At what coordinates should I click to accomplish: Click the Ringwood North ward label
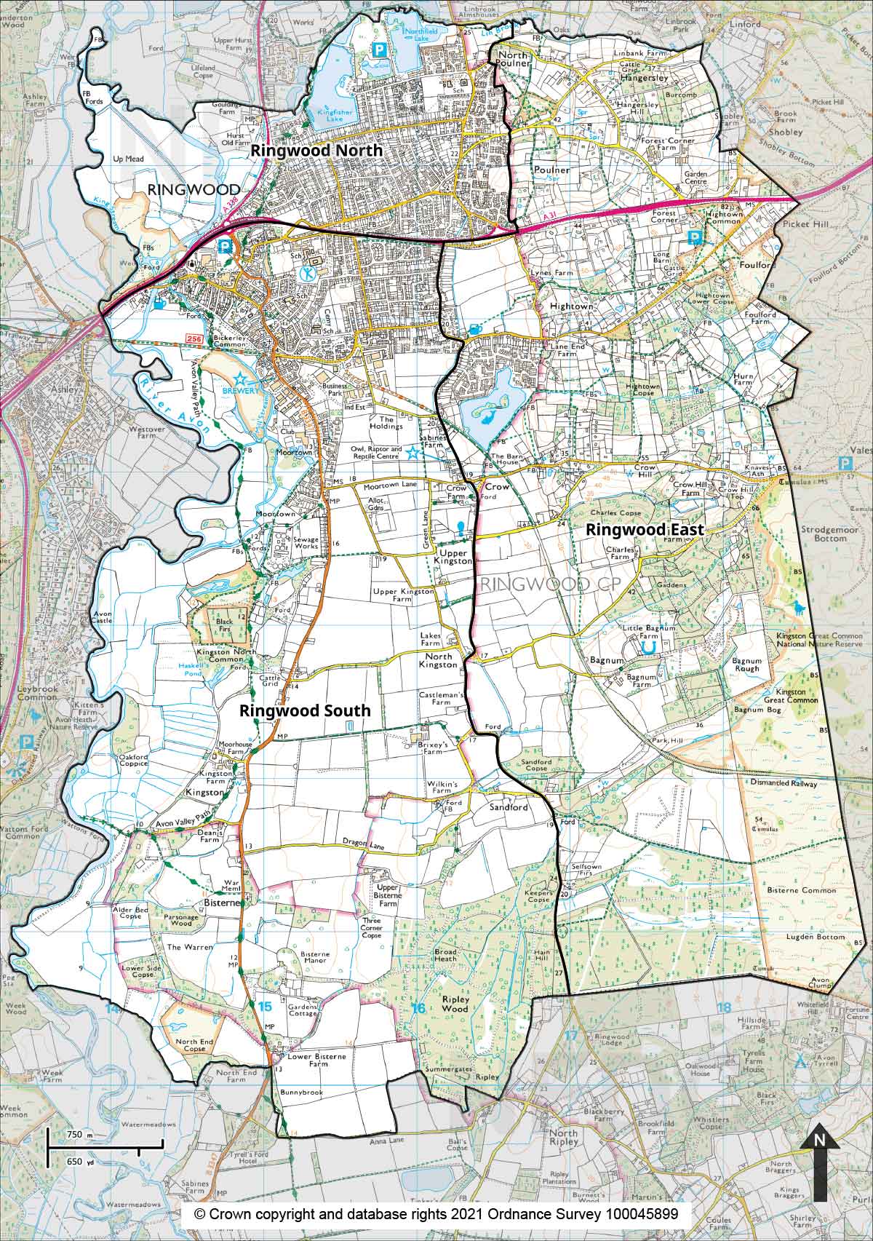point(316,151)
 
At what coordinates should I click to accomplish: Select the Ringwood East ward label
point(645,530)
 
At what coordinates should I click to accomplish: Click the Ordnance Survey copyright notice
point(436,1214)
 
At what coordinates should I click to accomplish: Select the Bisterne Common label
point(809,890)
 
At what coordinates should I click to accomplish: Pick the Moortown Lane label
point(388,484)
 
